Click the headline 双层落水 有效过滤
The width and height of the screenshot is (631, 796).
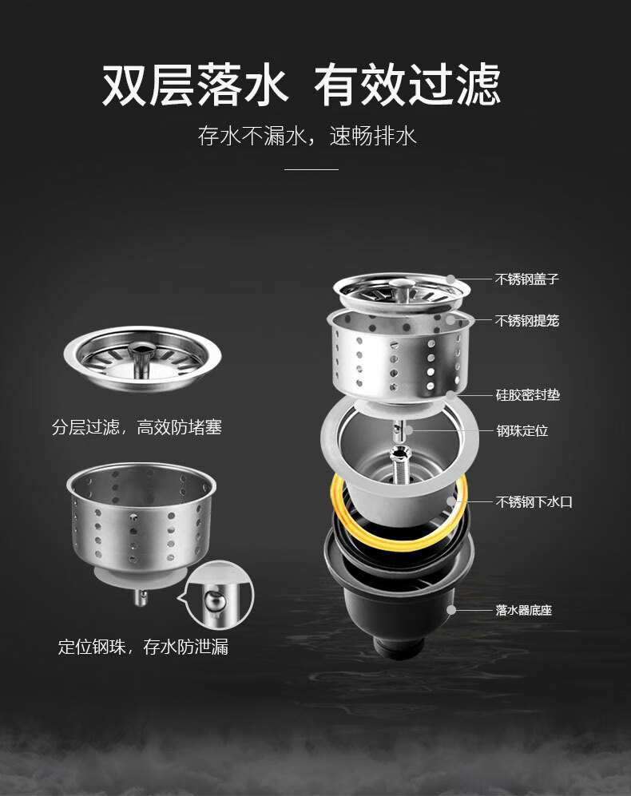click(301, 85)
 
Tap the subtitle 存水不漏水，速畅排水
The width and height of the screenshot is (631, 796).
click(307, 136)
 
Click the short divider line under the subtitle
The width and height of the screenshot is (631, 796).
click(311, 169)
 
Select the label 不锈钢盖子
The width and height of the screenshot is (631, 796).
click(527, 279)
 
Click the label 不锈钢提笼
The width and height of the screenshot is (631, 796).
click(527, 320)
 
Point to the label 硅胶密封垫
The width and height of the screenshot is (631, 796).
click(527, 394)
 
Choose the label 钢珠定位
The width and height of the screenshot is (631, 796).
click(522, 430)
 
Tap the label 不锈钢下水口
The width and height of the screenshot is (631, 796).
click(534, 502)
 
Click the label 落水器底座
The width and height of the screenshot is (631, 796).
click(523, 610)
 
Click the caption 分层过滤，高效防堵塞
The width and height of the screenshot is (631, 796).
click(137, 427)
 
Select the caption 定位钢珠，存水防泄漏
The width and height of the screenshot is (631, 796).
click(143, 647)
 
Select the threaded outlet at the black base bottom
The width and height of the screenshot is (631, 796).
click(399, 647)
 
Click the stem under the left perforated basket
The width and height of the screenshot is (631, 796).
click(141, 597)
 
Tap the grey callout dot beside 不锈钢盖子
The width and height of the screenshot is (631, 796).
click(451, 279)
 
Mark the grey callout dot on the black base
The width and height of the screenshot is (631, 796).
click(451, 610)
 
